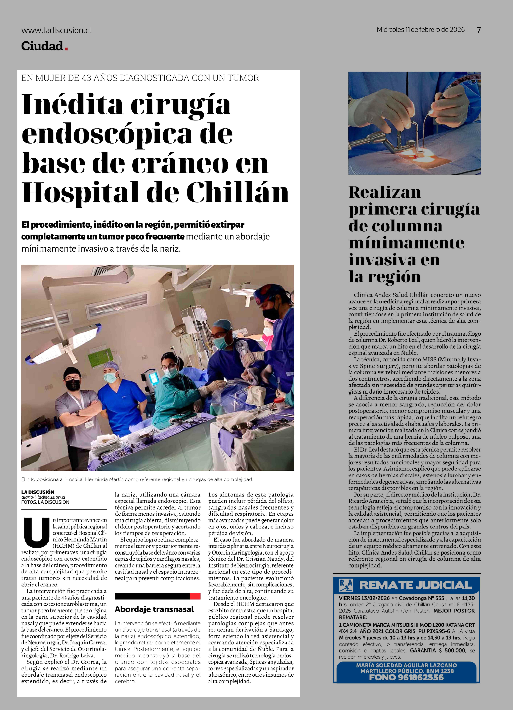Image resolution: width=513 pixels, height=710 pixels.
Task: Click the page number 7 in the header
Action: (479, 30)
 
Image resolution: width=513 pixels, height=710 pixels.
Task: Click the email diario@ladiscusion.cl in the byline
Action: (43, 497)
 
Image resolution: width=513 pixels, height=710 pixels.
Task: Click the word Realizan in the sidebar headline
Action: (385, 192)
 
